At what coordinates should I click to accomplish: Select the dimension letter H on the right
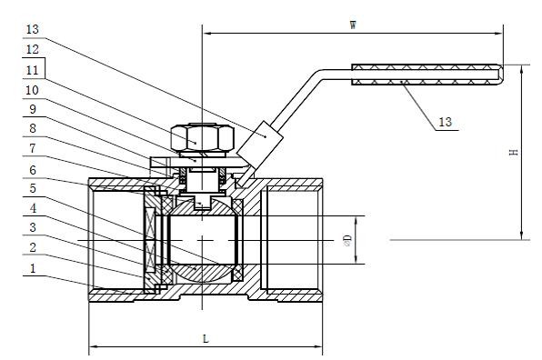[x=514, y=154]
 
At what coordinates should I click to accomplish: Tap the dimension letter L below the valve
[x=206, y=338]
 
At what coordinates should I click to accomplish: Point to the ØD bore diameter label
[x=346, y=239]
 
